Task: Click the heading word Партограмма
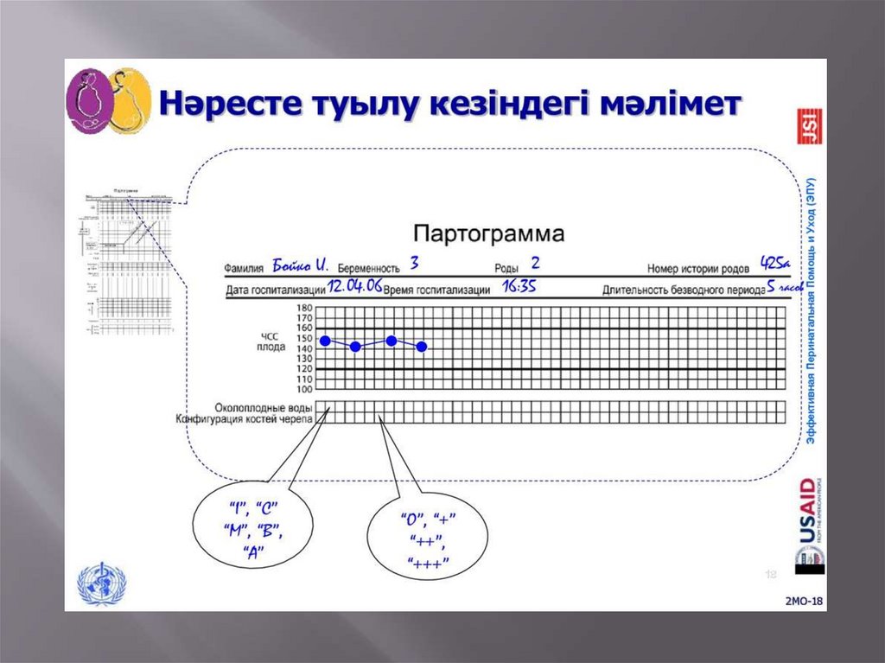click(488, 233)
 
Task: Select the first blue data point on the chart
click(325, 341)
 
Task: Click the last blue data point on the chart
click(422, 347)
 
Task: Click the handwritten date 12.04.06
click(354, 286)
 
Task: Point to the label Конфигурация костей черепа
click(245, 419)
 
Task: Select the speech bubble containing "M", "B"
click(252, 528)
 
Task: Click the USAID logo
click(808, 519)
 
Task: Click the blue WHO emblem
click(101, 583)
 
